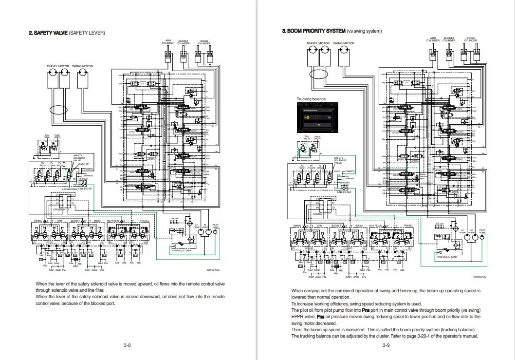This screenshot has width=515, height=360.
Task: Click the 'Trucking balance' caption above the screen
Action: (311, 99)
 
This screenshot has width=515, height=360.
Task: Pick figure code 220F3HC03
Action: (212, 269)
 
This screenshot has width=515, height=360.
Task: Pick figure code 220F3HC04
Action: (479, 277)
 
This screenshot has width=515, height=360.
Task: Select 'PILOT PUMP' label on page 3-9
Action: (482, 232)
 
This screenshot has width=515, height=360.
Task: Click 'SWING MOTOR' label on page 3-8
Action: (82, 66)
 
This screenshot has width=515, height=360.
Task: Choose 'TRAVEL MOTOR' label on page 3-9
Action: (318, 43)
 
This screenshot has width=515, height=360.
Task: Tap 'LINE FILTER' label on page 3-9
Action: (344, 192)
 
